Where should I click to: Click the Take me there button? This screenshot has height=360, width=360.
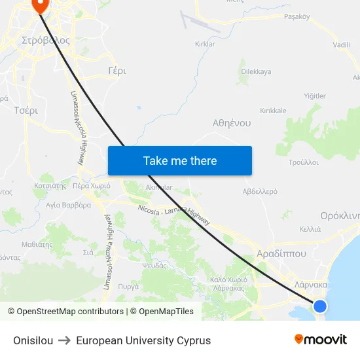179,160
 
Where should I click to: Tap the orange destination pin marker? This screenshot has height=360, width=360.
40,5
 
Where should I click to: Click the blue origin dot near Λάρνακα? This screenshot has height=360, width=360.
319,306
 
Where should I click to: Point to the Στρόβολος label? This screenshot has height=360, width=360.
45,40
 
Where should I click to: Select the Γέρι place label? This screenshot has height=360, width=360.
117,70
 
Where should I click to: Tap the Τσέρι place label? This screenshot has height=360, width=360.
26,111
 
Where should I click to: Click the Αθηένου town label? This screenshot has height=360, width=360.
232,122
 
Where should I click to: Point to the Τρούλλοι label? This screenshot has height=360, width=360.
303,162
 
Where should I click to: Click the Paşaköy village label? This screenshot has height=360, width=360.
297,17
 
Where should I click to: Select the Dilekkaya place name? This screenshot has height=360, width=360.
256,71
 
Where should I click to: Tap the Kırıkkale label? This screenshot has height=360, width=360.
273,111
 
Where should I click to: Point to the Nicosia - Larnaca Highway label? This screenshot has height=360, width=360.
174,215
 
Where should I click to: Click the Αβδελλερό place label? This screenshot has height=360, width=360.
260,192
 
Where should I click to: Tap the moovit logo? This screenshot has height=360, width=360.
320,339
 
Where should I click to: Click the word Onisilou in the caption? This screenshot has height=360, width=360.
33,340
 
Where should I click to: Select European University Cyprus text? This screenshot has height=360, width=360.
143,340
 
